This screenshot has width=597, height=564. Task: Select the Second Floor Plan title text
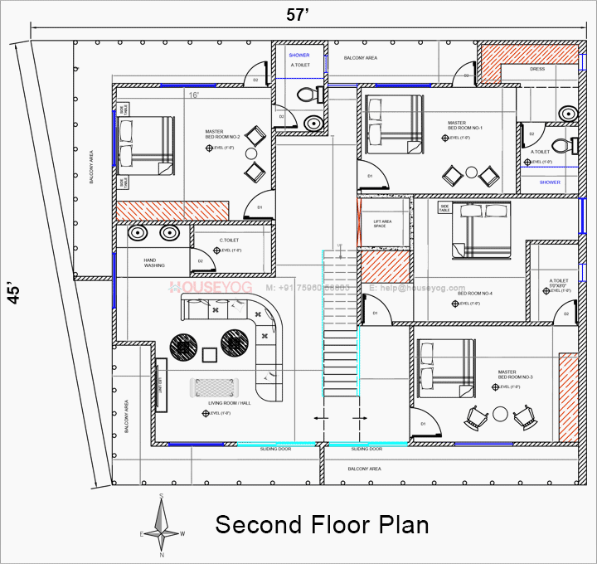[x=323, y=525]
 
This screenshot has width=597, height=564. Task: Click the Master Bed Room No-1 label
[x=464, y=124]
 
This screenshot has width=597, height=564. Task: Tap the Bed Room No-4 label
[x=482, y=294]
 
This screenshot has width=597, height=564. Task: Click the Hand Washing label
[x=154, y=263]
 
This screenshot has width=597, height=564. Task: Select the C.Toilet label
[x=229, y=241]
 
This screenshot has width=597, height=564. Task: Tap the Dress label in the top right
[x=537, y=70]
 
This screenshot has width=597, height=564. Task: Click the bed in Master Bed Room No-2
[x=147, y=144]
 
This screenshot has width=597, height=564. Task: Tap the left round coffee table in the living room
[x=183, y=345]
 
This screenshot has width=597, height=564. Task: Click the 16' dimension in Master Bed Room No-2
[x=194, y=95]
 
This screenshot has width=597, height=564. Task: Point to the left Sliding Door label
[x=274, y=448]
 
